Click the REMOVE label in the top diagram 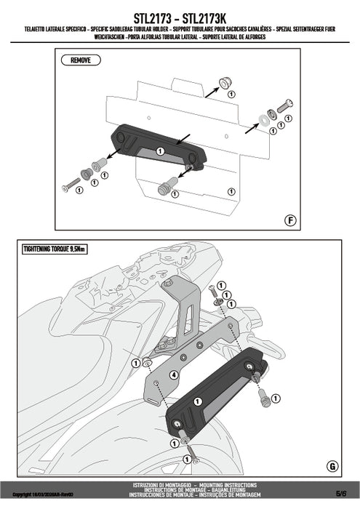click(81, 60)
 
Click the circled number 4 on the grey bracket click(174, 375)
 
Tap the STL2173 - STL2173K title click(180, 15)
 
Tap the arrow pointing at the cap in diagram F click(211, 91)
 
